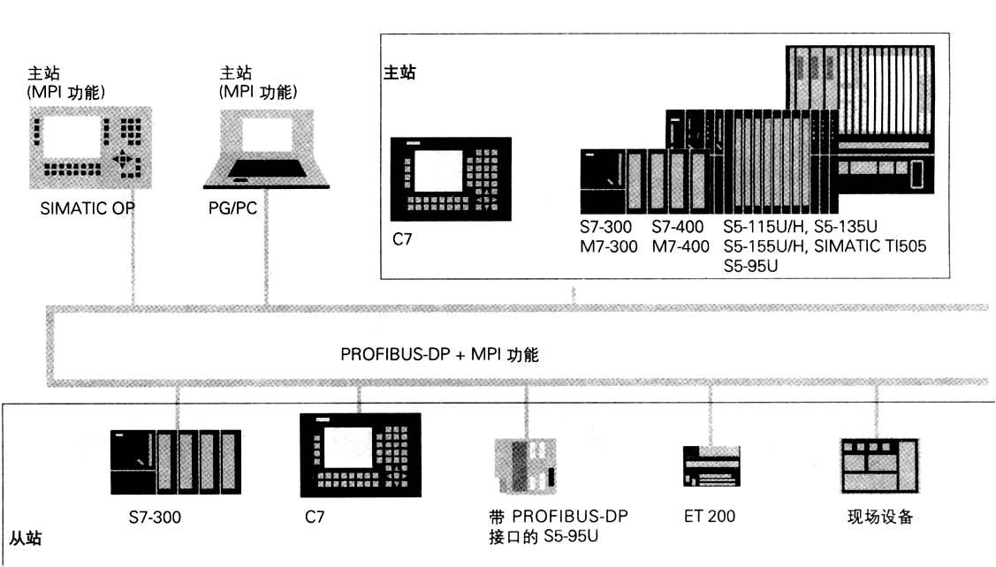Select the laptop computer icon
266,150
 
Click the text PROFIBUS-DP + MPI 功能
439,355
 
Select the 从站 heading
24,537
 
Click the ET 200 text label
709,516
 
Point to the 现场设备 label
879,517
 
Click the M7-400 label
680,246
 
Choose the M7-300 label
608,246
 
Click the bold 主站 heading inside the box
399,72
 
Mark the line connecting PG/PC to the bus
264,256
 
